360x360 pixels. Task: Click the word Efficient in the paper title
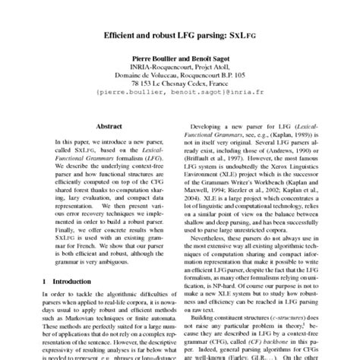point(126,36)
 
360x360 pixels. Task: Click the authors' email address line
point(180,93)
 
